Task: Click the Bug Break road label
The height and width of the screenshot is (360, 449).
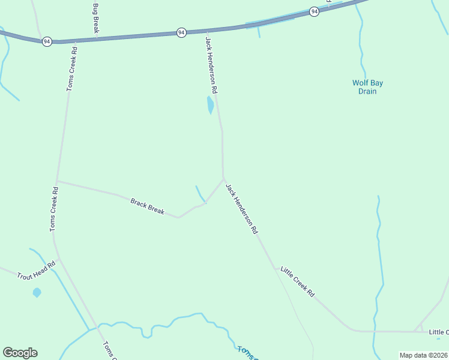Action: tap(95, 18)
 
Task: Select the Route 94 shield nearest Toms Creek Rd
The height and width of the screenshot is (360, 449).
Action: tap(47, 41)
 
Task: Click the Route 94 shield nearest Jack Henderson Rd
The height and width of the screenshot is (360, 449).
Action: tap(181, 32)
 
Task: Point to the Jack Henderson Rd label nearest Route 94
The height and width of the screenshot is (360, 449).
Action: tap(211, 64)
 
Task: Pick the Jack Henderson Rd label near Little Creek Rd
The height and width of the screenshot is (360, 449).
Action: tap(242, 208)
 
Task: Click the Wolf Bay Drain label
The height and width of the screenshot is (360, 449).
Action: tap(367, 87)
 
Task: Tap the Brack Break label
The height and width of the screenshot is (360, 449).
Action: tap(147, 206)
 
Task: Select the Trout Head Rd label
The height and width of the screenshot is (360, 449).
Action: tap(36, 271)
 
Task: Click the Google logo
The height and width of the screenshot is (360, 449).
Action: tap(20, 353)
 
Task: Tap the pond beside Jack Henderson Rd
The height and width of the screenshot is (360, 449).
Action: tap(210, 105)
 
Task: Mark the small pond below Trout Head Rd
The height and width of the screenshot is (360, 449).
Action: tap(37, 293)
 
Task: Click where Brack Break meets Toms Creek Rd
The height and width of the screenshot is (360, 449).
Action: tap(57, 181)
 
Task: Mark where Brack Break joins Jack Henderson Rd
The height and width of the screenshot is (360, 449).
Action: tap(224, 179)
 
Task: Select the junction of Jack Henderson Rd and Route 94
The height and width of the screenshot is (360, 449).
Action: tap(206, 30)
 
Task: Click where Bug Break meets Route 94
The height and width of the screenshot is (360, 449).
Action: tap(96, 38)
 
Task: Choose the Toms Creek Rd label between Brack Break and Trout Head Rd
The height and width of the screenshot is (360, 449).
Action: tap(54, 209)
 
